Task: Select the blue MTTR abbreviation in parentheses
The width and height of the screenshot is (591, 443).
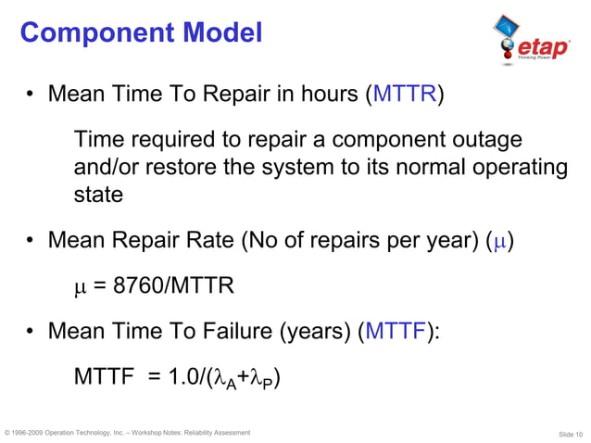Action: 403,95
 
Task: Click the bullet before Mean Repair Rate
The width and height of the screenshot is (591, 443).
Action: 31,243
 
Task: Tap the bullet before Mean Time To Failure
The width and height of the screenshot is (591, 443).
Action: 31,331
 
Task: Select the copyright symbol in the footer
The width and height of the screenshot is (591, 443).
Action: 8,433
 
